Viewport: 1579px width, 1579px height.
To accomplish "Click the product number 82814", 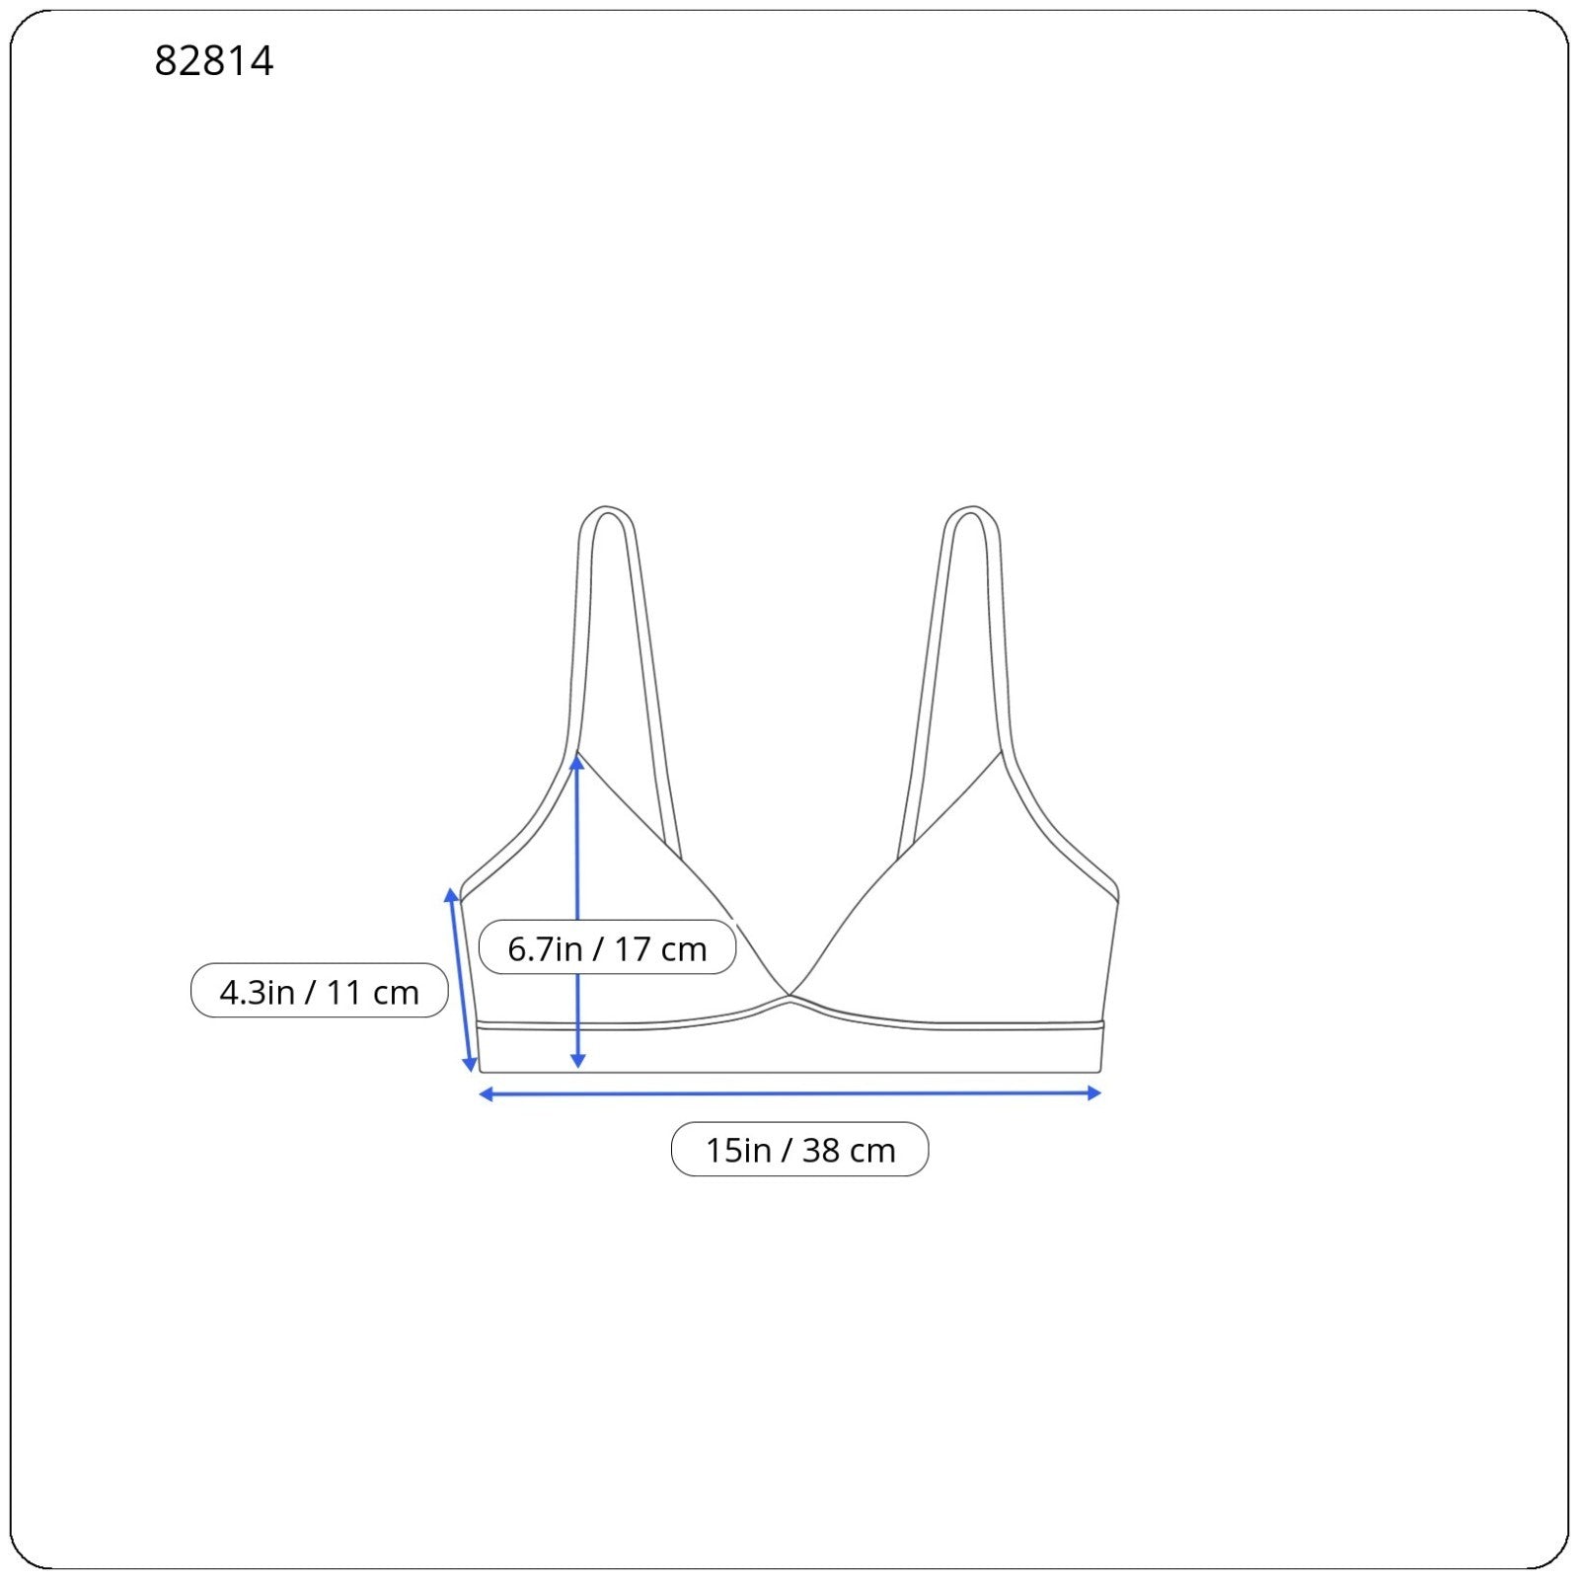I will pyautogui.click(x=214, y=61).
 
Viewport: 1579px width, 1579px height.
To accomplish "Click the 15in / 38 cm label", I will pyautogui.click(x=799, y=1150).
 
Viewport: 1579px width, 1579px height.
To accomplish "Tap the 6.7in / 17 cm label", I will pyautogui.click(x=607, y=948).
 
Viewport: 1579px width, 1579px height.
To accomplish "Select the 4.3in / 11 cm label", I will pyautogui.click(x=319, y=991).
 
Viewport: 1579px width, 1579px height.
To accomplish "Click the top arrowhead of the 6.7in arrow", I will pyautogui.click(x=577, y=763).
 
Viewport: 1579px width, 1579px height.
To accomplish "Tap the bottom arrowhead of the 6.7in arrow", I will pyautogui.click(x=578, y=1061).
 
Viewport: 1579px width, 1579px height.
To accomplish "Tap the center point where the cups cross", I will pyautogui.click(x=789, y=997).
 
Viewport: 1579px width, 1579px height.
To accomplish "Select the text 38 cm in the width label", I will pyautogui.click(x=849, y=1151).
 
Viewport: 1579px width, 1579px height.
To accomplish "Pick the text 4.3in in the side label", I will pyautogui.click(x=257, y=992).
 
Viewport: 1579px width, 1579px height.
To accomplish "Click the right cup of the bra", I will pyautogui.click(x=977, y=928).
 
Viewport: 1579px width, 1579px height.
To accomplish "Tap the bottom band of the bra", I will pyautogui.click(x=789, y=1050).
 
